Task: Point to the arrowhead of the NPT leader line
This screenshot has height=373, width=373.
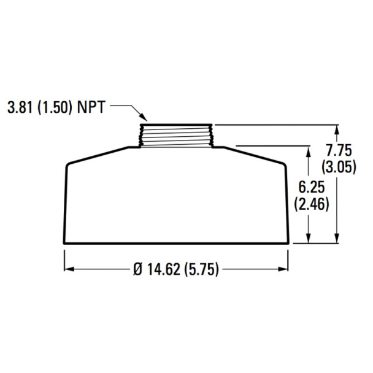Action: coord(144,120)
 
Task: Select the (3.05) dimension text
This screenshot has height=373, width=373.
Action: coord(337,167)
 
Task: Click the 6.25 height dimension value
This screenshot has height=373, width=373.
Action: coord(309,188)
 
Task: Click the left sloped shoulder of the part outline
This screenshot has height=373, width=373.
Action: coord(98,154)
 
